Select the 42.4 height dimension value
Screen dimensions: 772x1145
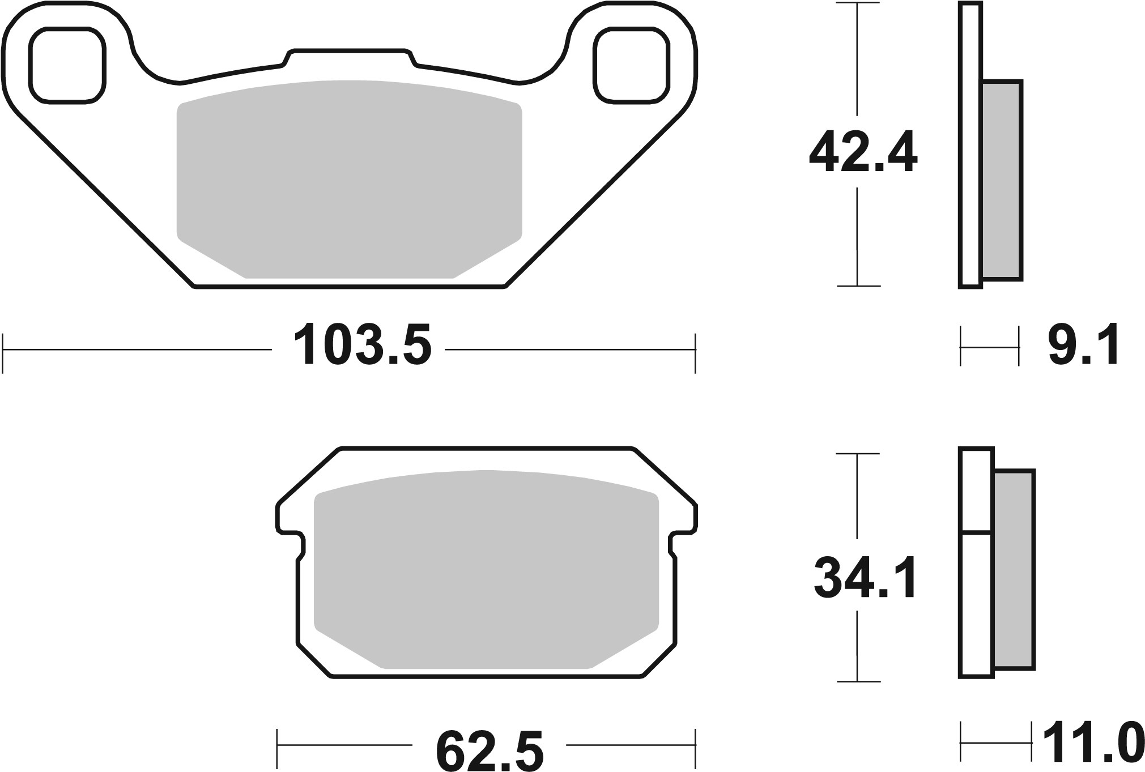pyautogui.click(x=862, y=152)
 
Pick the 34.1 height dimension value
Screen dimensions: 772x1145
pyautogui.click(x=865, y=578)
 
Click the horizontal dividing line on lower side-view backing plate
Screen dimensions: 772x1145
pyautogui.click(x=976, y=532)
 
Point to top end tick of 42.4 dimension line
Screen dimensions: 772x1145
pyautogui.click(x=858, y=4)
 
